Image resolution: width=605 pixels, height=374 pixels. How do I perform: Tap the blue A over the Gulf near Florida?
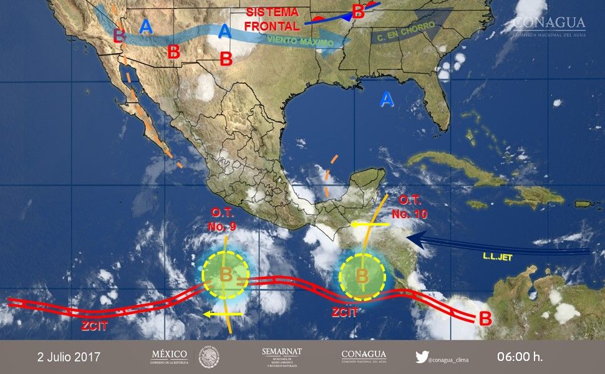point(387,99)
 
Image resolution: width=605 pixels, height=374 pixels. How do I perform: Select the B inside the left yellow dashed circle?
point(226,273)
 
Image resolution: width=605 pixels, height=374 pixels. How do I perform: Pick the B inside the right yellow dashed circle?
point(362,274)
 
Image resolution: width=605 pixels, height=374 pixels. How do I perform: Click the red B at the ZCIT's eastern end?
point(485,319)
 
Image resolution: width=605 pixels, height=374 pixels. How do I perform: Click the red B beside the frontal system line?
point(358,11)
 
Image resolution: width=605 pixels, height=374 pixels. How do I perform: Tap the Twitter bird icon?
point(422,357)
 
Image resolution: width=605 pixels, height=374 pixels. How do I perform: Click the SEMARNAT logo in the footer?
point(282,357)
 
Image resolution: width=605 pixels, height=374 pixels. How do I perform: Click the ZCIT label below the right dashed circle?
point(344,312)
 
